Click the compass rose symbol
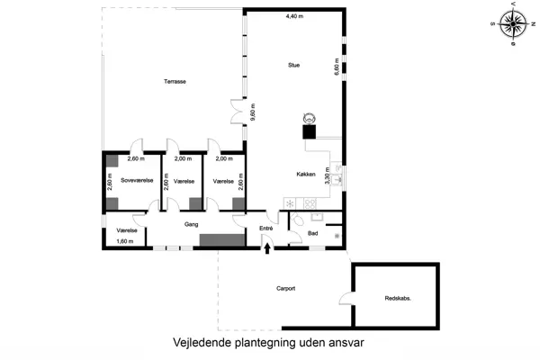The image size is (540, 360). tap(512, 22)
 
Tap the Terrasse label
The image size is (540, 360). tap(175, 82)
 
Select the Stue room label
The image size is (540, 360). tap(293, 66)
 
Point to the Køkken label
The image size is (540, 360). tap(305, 175)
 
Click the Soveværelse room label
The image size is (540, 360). tap(137, 181)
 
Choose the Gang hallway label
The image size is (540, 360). tap(191, 224)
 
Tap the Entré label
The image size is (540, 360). tap(265, 229)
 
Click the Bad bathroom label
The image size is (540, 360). tap(312, 233)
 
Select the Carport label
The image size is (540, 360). tap(286, 288)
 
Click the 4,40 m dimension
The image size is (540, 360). tap(294, 17)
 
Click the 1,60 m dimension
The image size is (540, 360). tap(125, 241)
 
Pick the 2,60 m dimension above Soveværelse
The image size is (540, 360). tap(136, 159)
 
